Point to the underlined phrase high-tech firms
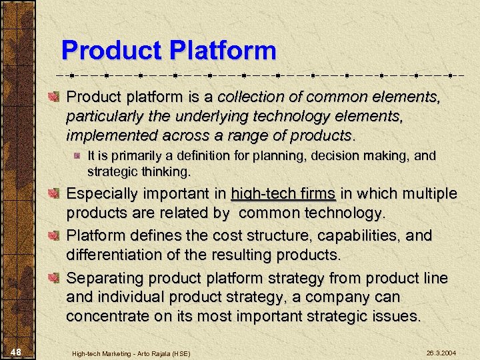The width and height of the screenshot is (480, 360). (x=283, y=194)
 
